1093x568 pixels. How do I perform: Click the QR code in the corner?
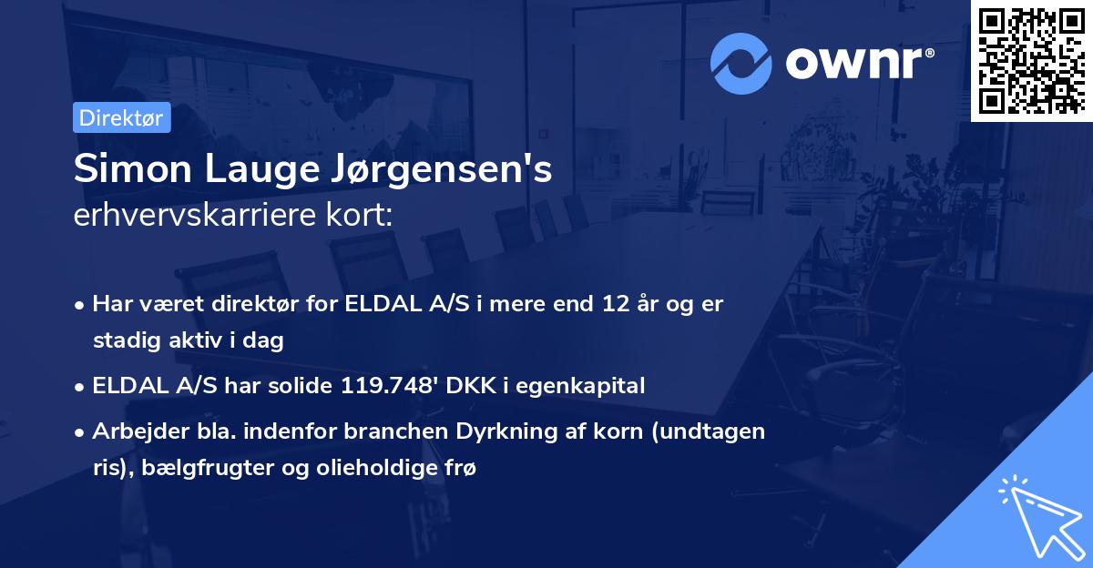click(x=1030, y=60)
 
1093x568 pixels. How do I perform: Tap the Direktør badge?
click(x=121, y=117)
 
